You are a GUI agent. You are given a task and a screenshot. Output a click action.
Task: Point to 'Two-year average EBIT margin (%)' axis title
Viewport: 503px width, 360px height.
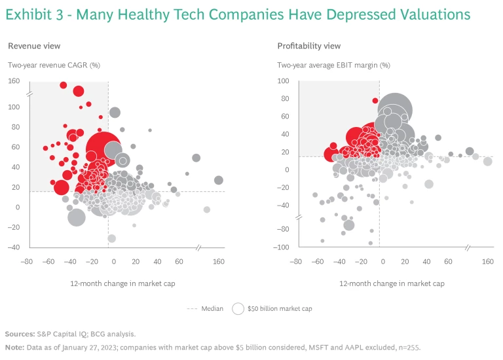pyautogui.click(x=333, y=65)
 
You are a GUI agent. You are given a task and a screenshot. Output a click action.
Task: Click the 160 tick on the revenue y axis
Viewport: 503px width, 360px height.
pyautogui.click(x=14, y=81)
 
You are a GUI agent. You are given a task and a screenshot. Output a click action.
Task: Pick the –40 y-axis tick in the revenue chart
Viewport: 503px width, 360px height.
pyautogui.click(x=13, y=247)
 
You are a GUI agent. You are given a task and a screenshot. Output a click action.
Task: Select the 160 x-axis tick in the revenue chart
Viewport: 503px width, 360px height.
pyautogui.click(x=219, y=261)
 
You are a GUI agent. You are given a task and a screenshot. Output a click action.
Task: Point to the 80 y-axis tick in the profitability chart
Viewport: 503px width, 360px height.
pyautogui.click(x=284, y=99)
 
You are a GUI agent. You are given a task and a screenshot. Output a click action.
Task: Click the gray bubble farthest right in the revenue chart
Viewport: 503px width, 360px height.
pyautogui.click(x=219, y=180)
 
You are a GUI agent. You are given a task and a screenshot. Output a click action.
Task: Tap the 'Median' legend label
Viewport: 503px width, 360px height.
pyautogui.click(x=212, y=308)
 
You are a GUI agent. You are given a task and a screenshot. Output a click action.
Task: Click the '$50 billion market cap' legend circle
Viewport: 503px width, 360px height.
pyautogui.click(x=238, y=308)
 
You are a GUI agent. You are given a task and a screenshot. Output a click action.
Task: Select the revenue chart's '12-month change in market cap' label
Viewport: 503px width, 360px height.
pyautogui.click(x=122, y=283)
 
